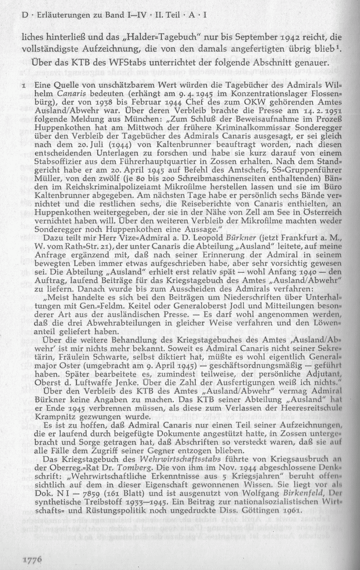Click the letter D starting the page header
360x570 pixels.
[x=24, y=16]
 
